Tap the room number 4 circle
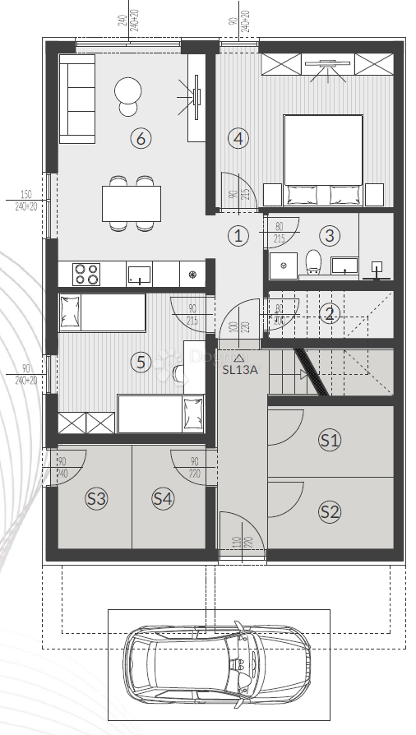point(238,138)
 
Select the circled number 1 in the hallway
point(238,236)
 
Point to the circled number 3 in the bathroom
point(330,236)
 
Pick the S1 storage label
point(330,440)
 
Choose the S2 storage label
point(330,511)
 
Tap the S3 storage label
point(96,497)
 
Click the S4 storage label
point(163,497)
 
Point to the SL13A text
point(240,369)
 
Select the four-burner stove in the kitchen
point(86,272)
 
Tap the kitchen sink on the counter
point(139,273)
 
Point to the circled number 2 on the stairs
point(330,313)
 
